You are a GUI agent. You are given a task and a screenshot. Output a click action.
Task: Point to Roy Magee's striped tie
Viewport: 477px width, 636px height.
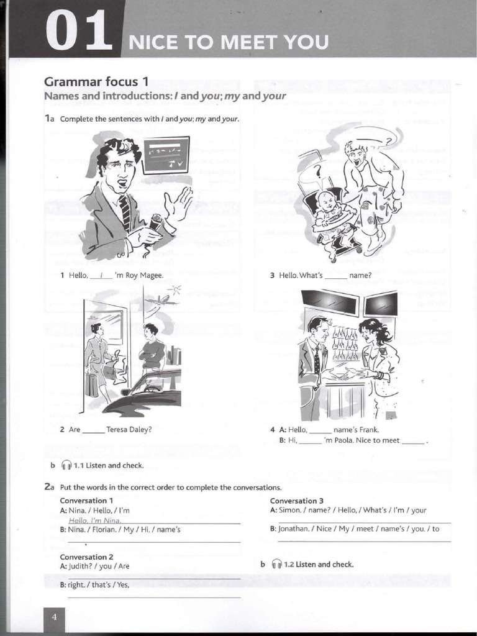click(x=126, y=211)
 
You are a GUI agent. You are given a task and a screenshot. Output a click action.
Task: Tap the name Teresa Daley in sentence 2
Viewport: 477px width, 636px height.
click(x=129, y=429)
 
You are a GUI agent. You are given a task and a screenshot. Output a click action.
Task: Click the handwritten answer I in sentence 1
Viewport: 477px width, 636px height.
click(x=101, y=275)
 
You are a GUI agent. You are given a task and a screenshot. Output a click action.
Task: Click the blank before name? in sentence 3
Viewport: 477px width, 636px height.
click(x=335, y=276)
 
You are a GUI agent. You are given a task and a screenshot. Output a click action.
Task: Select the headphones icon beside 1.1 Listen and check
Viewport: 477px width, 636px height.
click(x=66, y=465)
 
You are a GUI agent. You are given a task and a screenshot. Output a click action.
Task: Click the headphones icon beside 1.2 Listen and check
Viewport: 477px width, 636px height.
click(x=277, y=565)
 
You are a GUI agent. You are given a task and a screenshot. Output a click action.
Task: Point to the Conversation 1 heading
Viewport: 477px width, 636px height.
click(x=86, y=501)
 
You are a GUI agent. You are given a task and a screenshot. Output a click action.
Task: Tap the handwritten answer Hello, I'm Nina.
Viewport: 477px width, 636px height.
click(x=95, y=520)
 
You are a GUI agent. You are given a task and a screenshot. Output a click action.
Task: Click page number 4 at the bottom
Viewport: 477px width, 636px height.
click(x=54, y=617)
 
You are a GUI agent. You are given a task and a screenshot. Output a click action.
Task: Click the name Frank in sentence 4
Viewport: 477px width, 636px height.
click(x=369, y=429)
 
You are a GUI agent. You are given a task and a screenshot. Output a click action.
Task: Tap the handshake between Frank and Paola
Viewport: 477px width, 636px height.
click(x=343, y=373)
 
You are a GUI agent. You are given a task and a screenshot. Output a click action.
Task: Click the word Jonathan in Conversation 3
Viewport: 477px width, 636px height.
click(x=295, y=529)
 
